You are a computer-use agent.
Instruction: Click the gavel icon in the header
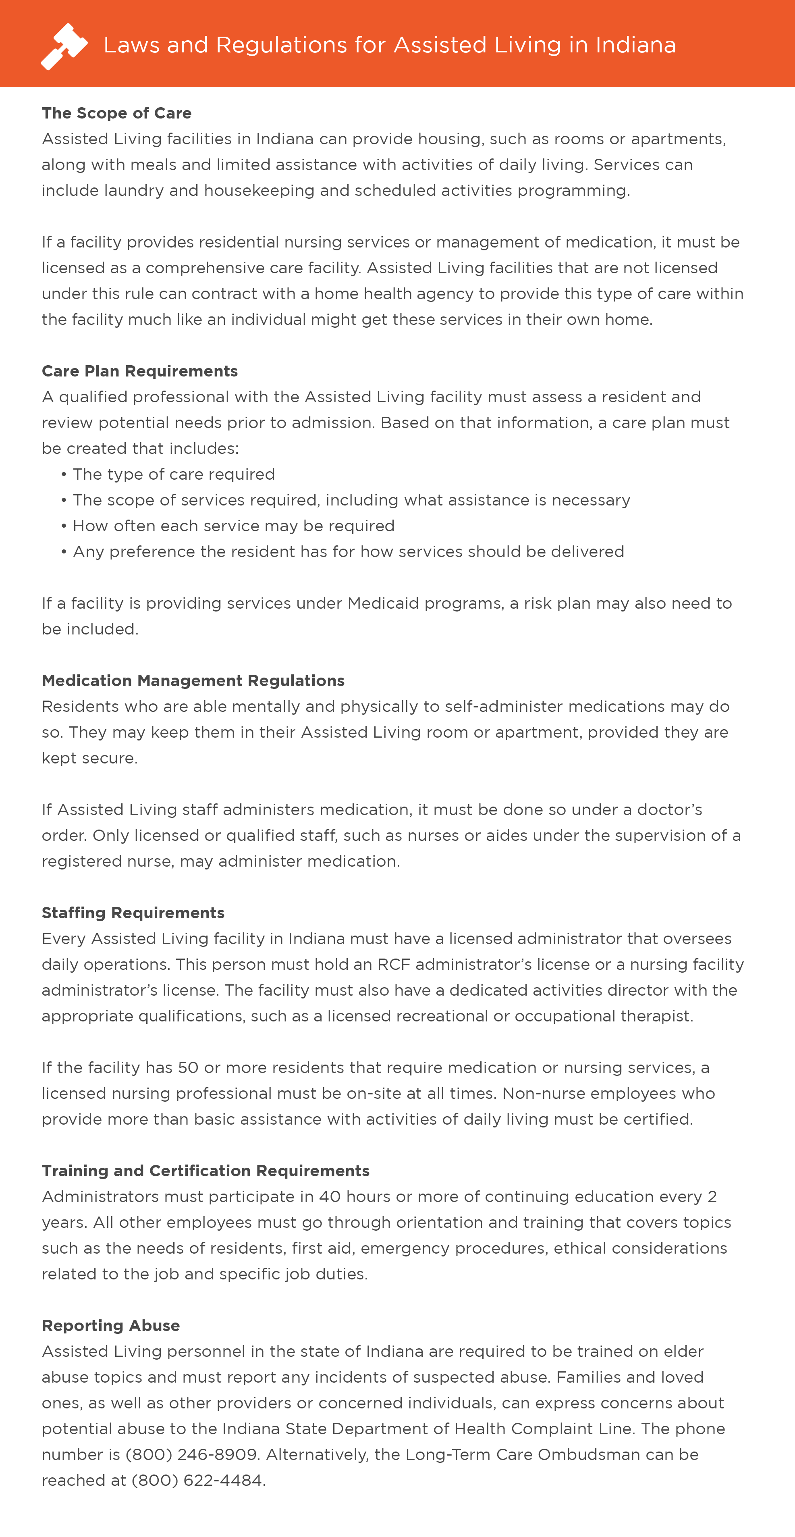pyautogui.click(x=64, y=46)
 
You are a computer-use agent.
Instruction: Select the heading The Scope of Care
pyautogui.click(x=116, y=113)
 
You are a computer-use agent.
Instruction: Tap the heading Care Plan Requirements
pyautogui.click(x=139, y=371)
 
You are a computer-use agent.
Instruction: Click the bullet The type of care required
pyautogui.click(x=173, y=474)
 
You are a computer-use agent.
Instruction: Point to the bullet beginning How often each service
pyautogui.click(x=232, y=526)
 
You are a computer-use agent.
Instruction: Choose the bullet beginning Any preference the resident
pyautogui.click(x=348, y=551)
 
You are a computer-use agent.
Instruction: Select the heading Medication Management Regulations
pyautogui.click(x=193, y=681)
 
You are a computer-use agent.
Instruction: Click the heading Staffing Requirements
pyautogui.click(x=133, y=913)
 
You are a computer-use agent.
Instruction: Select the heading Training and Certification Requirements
pyautogui.click(x=205, y=1171)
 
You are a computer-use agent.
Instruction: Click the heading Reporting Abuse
pyautogui.click(x=111, y=1325)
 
